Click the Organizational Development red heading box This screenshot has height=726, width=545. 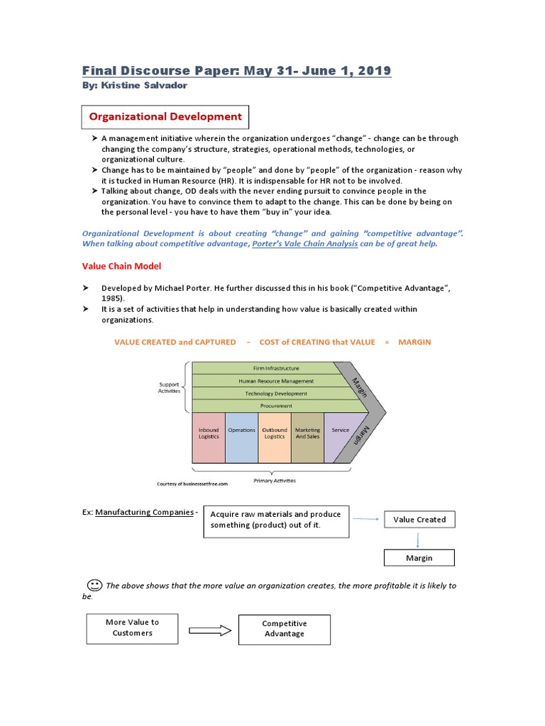[165, 116]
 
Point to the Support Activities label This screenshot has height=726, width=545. [169, 388]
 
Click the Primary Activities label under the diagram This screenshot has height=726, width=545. [275, 481]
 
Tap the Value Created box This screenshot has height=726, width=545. [419, 520]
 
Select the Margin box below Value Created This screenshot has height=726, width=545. [419, 558]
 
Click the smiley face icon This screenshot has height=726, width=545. [94, 585]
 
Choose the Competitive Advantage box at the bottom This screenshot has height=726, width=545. [284, 629]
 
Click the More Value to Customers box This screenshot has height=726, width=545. [132, 627]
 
